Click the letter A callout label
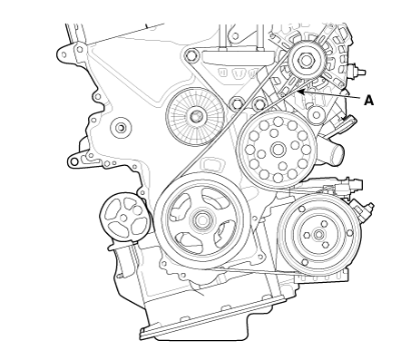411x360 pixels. (x=368, y=101)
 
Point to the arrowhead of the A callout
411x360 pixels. (x=299, y=92)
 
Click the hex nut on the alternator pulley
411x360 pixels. (x=307, y=61)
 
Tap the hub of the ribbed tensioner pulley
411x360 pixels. (x=196, y=116)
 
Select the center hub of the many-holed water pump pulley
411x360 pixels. (x=278, y=149)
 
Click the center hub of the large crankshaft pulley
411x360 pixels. (x=201, y=220)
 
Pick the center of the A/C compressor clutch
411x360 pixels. (x=318, y=234)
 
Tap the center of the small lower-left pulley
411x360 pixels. (x=123, y=218)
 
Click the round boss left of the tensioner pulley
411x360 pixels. (x=121, y=128)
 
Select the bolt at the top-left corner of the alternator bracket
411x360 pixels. (x=191, y=55)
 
